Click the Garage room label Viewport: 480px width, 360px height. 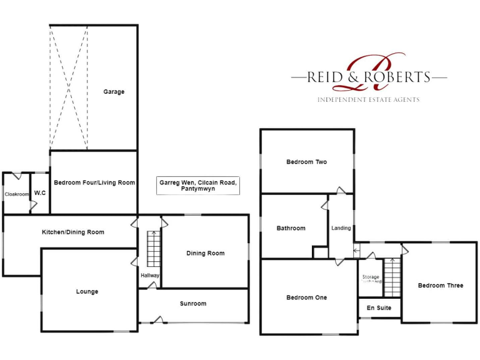coord(114,92)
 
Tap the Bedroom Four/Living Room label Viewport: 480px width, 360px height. coord(94,183)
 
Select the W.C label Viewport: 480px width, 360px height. coord(39,193)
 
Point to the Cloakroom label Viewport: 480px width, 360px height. coord(17,194)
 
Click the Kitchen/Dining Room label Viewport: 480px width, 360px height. coord(73,232)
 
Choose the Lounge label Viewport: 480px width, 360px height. coord(87,292)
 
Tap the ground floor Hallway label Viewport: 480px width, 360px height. coord(150,276)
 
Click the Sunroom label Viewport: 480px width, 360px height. coord(192,304)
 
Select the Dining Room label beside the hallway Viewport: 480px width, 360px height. coord(205,253)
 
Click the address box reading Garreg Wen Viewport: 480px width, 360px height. coord(197,186)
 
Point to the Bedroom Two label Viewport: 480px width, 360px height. coord(306,162)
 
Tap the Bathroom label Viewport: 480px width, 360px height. coord(291,229)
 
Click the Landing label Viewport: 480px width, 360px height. coord(341,228)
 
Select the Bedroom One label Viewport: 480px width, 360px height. coord(306,298)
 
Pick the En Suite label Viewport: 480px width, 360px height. coord(379,308)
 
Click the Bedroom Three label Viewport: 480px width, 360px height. coord(441,286)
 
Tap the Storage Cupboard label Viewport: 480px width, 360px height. coord(371,279)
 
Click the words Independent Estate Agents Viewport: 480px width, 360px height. coord(368,100)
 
